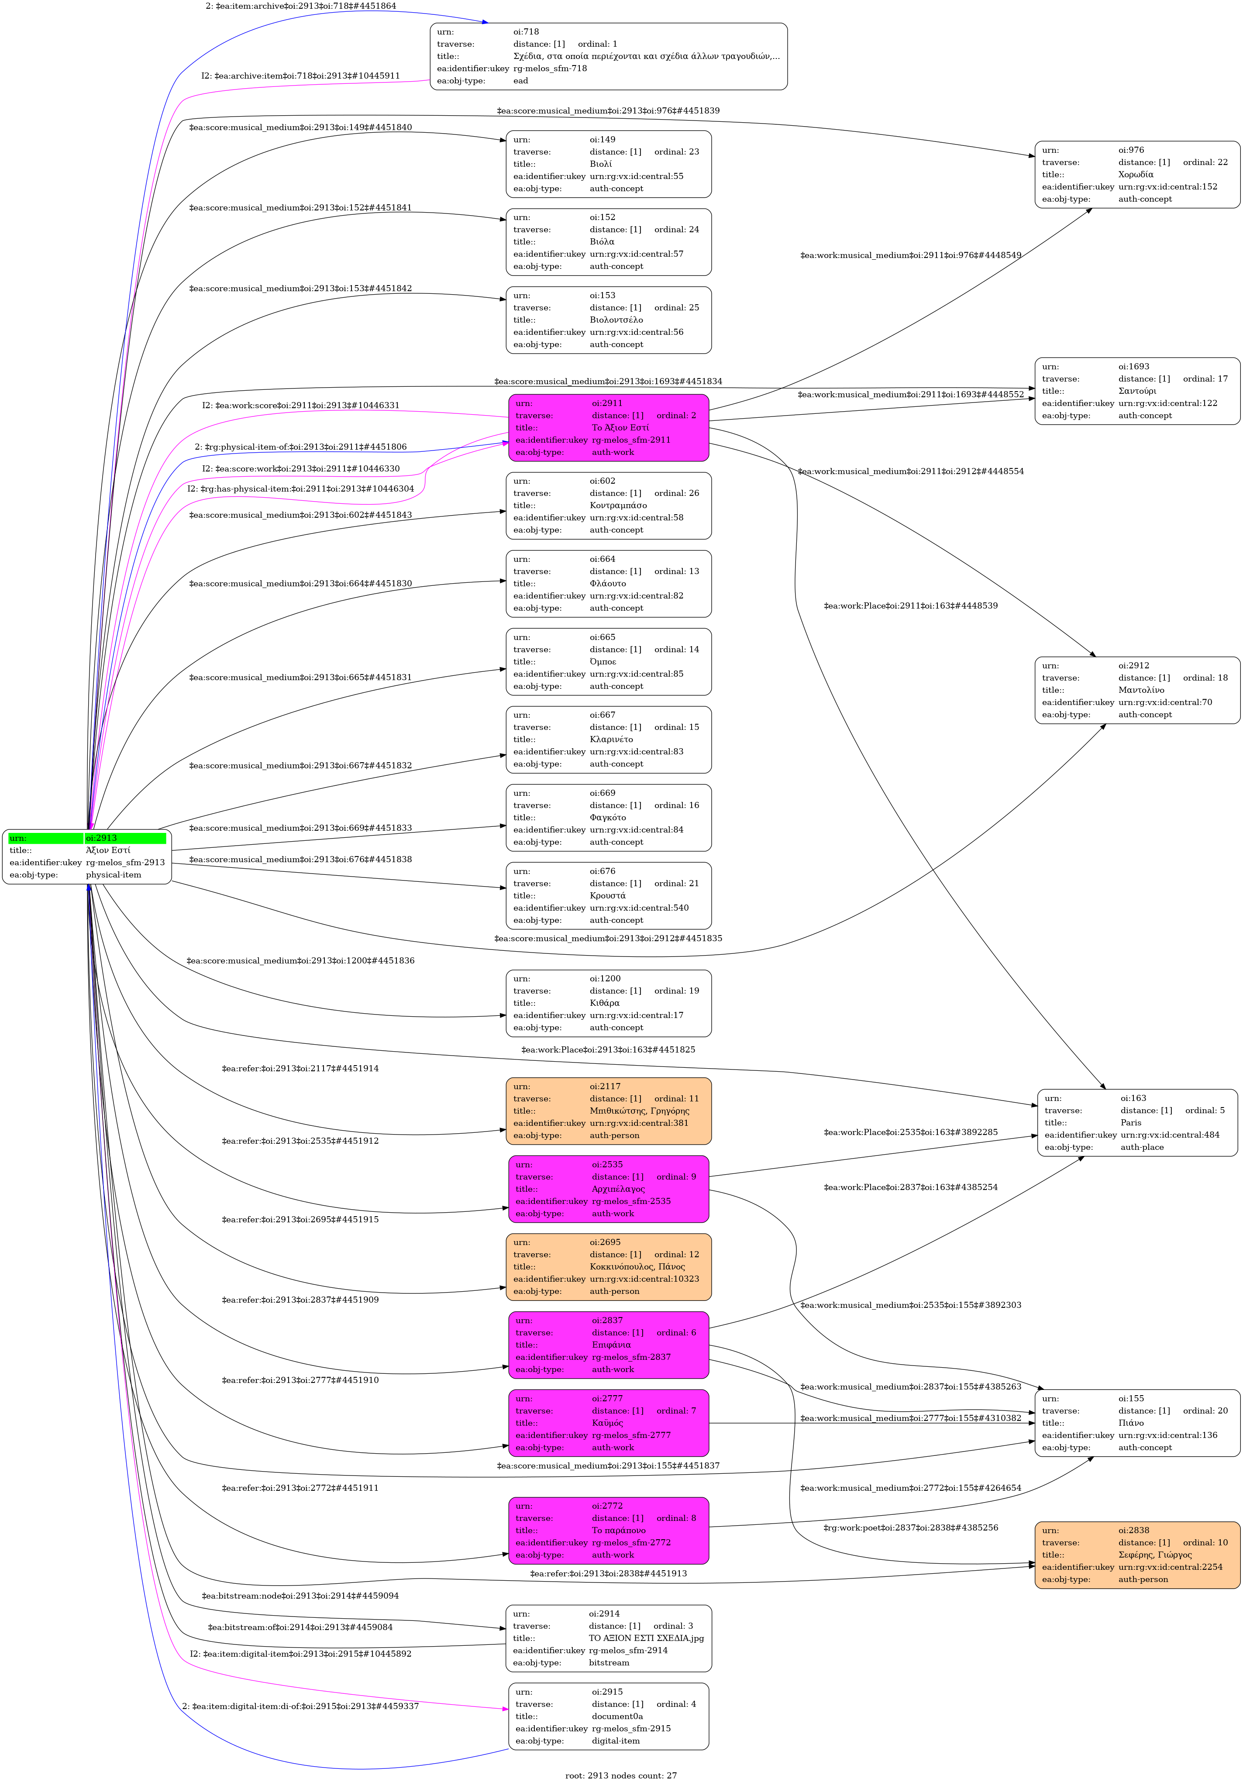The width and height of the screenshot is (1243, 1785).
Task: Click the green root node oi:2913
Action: coord(86,856)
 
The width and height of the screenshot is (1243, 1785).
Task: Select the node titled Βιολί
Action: coord(608,164)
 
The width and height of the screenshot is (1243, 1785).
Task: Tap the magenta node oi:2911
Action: coord(608,428)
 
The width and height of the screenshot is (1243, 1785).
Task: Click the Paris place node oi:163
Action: coord(1136,1123)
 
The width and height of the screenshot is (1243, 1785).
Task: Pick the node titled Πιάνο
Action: coord(1136,1423)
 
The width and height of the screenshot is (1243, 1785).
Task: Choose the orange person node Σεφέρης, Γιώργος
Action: coord(1136,1555)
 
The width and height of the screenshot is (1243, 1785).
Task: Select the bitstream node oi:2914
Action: coord(608,1638)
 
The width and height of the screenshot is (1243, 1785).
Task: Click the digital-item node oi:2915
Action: coord(608,1716)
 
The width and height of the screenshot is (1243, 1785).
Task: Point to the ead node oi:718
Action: coord(608,56)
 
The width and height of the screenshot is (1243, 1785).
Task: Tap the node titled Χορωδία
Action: coord(1136,174)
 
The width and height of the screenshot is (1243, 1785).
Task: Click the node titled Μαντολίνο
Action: coord(1136,690)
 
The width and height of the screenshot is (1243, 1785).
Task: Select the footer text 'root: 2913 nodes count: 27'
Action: coord(620,1775)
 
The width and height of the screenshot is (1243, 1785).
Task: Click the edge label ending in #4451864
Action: coord(301,6)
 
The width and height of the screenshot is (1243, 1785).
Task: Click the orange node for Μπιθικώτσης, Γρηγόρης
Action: coord(608,1111)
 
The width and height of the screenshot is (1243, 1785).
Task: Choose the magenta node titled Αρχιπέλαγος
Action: coord(608,1189)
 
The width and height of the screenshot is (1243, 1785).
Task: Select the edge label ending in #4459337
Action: coord(301,1706)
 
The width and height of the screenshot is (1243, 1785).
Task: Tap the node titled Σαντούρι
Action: coord(1136,391)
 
